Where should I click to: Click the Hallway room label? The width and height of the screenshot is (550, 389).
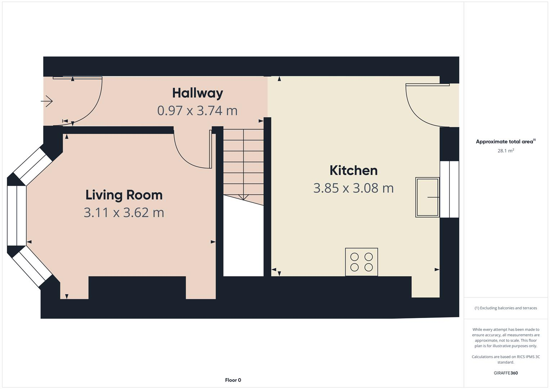point(197,93)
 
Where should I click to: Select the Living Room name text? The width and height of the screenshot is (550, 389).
point(124,195)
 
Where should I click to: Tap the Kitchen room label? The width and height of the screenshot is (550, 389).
point(353,170)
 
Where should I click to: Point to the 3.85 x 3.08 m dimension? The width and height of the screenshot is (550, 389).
point(353,188)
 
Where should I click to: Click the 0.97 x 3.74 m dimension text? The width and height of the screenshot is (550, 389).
point(197,110)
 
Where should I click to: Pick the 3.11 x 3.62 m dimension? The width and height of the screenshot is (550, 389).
point(124,213)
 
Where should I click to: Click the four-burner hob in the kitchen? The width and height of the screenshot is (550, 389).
point(361,262)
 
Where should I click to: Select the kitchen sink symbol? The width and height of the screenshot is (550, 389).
point(427,197)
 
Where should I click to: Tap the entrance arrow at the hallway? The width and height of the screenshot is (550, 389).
point(47,101)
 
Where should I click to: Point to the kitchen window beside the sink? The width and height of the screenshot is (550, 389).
point(450,189)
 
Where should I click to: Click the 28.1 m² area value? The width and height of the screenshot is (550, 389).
point(505,151)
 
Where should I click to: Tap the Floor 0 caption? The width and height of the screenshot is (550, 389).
point(233,380)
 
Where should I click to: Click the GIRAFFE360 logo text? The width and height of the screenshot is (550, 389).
point(505,373)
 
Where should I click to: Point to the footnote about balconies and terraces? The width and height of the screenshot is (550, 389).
point(505,308)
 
